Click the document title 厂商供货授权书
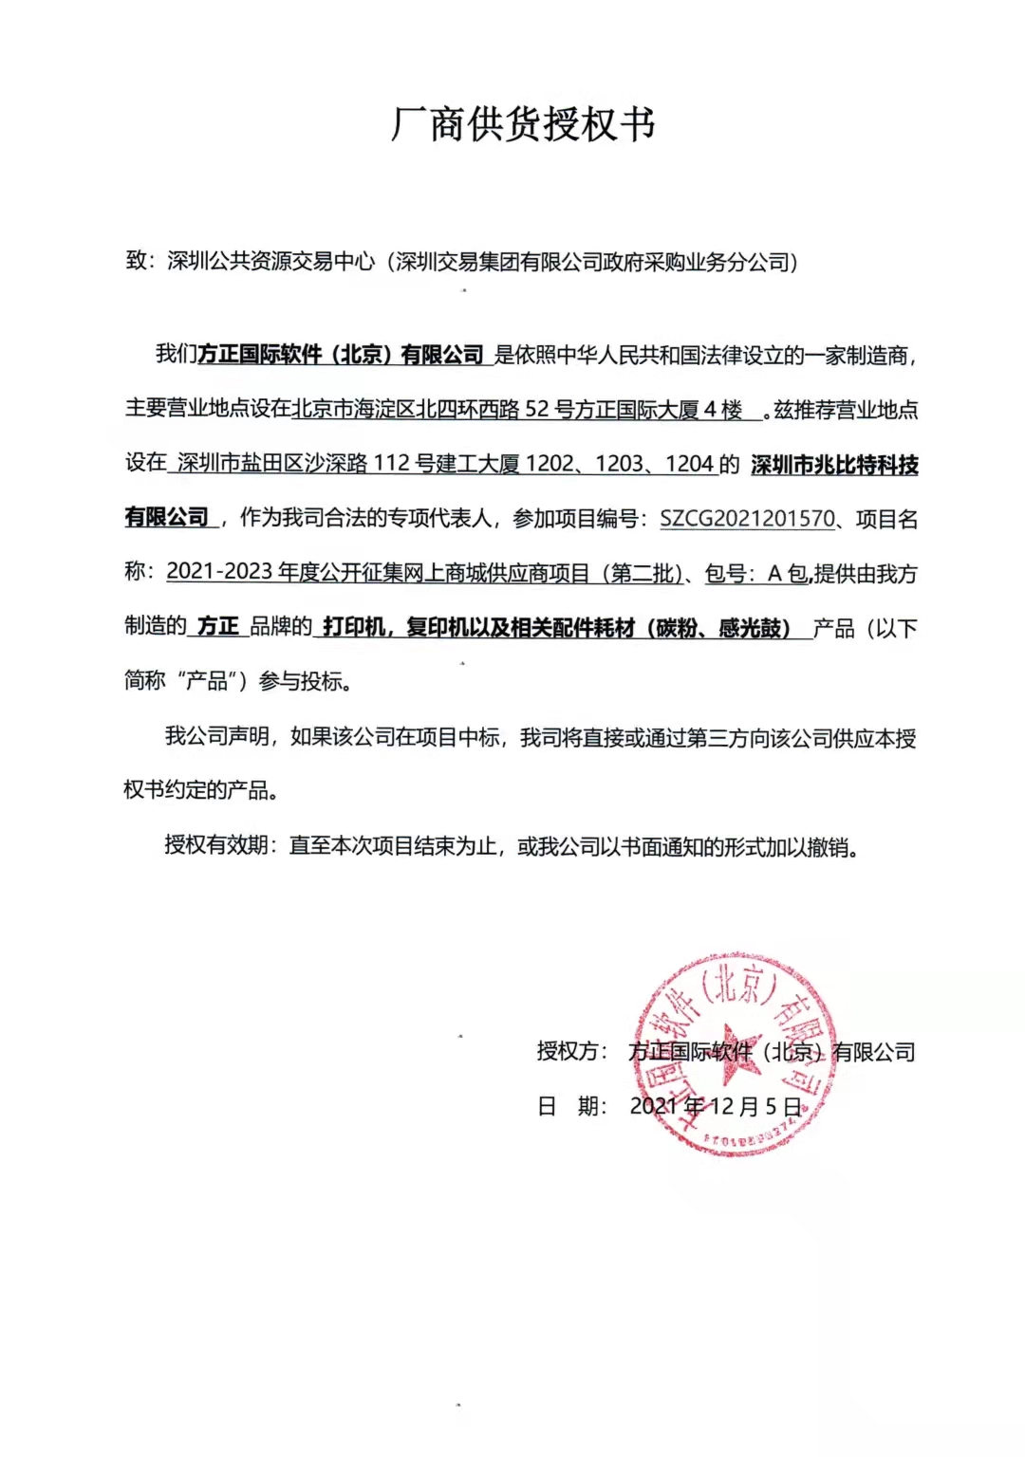523,124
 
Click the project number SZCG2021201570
747,519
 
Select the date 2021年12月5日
716,1106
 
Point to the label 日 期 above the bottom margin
570,1106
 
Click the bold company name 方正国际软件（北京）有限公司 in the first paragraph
341,355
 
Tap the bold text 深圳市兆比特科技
834,465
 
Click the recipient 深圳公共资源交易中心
271,262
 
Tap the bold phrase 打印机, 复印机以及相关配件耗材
479,627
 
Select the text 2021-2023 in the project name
219,572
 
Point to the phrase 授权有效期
216,845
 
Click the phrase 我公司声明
217,737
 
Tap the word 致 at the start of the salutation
136,261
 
